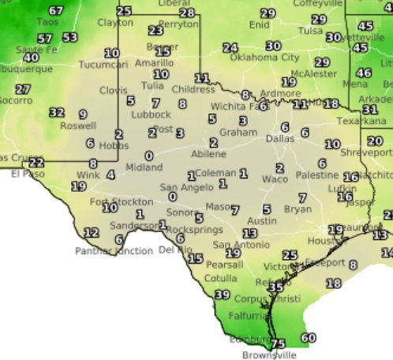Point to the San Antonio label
coord(235,245)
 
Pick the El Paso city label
coord(25,174)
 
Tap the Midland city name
coord(144,167)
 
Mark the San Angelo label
coord(182,187)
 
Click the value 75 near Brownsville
coord(278,343)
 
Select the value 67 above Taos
coord(56,11)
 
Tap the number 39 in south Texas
coord(223,294)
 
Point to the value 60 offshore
coord(308,338)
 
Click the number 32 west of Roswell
coord(57,112)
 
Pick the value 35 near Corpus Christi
coord(275,287)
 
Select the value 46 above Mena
coord(364,72)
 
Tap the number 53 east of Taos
coord(70,37)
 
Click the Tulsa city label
coord(311,31)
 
